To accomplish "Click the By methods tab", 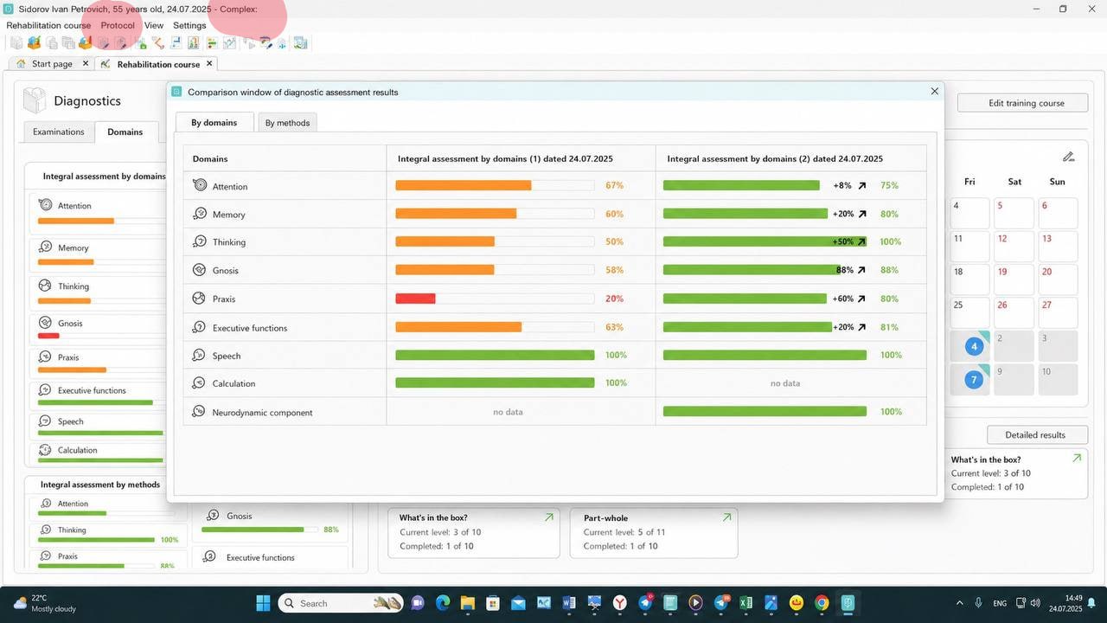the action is click(x=287, y=123).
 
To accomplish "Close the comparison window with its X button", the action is click(x=934, y=92).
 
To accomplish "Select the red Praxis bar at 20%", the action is click(x=415, y=299).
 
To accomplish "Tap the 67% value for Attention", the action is click(x=614, y=185).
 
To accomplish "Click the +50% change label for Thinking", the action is click(x=842, y=241).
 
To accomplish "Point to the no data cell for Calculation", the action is click(x=784, y=383).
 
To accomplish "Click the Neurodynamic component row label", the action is click(x=262, y=413).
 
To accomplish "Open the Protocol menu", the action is click(x=118, y=25).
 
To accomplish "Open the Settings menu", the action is click(x=189, y=25).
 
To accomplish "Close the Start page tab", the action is click(x=86, y=63).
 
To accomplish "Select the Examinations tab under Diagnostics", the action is click(x=58, y=132).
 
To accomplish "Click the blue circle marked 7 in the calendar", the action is click(x=974, y=380).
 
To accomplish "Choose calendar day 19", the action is click(x=1002, y=272).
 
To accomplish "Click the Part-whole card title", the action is click(x=605, y=518).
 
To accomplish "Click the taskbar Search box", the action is click(x=341, y=603).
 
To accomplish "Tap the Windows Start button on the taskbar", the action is click(x=263, y=603).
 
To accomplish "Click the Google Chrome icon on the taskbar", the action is click(x=822, y=603).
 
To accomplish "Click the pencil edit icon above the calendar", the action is click(x=1068, y=157).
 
